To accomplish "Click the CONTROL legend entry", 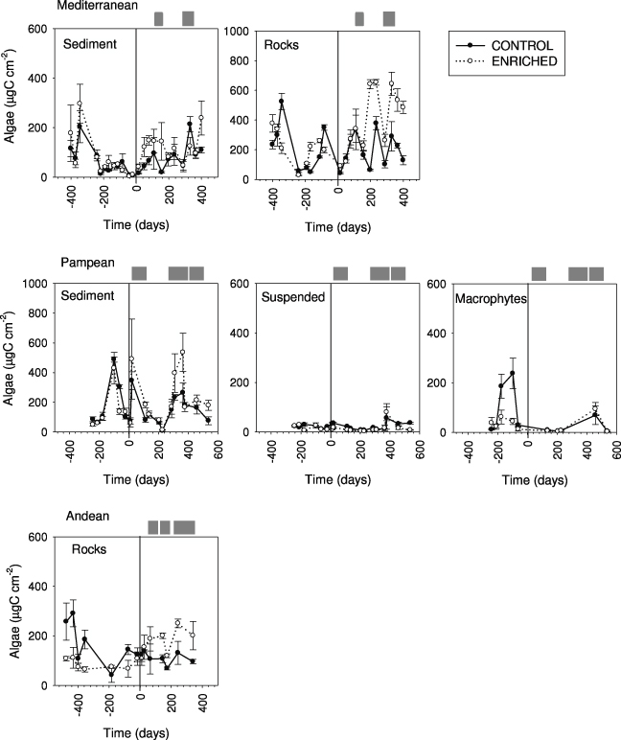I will pyautogui.click(x=526, y=44).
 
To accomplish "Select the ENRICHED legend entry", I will pyautogui.click(x=526, y=60).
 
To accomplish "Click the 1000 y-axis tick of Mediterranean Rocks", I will pyautogui.click(x=241, y=31).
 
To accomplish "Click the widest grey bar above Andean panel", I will pyautogui.click(x=184, y=526).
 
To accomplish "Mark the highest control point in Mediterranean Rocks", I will pyautogui.click(x=282, y=102).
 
